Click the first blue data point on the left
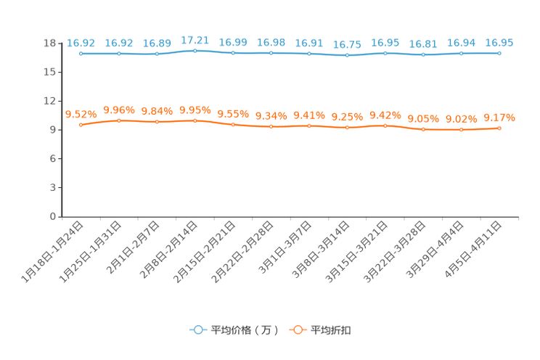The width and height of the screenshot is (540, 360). pyautogui.click(x=81, y=54)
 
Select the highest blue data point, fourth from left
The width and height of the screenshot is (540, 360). pyautogui.click(x=195, y=50)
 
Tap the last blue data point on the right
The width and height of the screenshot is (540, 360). pyautogui.click(x=499, y=53)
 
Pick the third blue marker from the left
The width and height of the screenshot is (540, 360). pyautogui.click(x=157, y=54)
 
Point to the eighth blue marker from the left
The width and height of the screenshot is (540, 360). pyautogui.click(x=348, y=55)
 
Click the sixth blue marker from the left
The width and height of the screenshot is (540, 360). pyautogui.click(x=271, y=53)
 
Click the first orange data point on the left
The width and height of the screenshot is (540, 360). pyautogui.click(x=81, y=126)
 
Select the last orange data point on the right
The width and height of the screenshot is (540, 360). pyautogui.click(x=499, y=128)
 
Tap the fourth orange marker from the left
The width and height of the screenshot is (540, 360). pyautogui.click(x=195, y=120)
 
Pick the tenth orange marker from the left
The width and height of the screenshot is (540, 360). pyautogui.click(x=424, y=129)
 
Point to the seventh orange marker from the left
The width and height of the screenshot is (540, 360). pyautogui.click(x=309, y=126)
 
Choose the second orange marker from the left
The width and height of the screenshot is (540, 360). pyautogui.click(x=118, y=120)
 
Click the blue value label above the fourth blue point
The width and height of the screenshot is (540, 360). pyautogui.click(x=195, y=38)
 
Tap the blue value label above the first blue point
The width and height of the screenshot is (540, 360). pyautogui.click(x=81, y=43)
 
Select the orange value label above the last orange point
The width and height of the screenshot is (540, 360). pyautogui.click(x=499, y=117)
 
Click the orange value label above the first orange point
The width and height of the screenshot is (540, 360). pyautogui.click(x=81, y=114)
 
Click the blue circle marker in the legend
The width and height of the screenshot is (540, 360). pyautogui.click(x=197, y=330)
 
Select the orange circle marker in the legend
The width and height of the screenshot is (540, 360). pyautogui.click(x=297, y=330)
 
